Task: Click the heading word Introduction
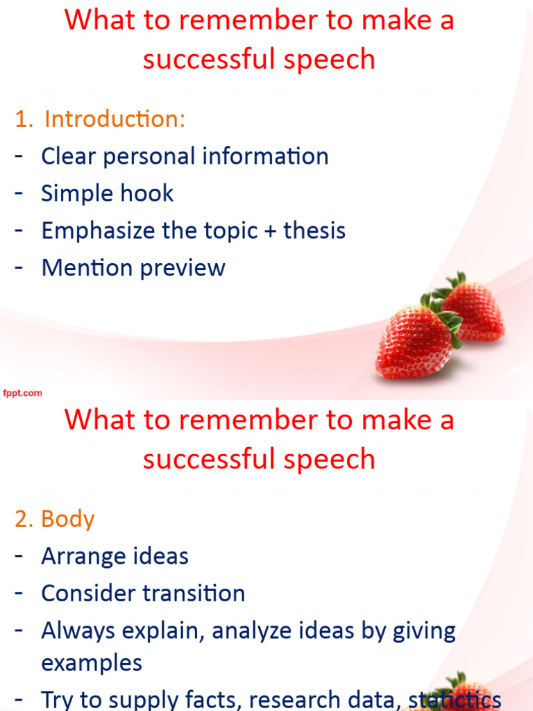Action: click(115, 119)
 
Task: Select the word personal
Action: click(147, 156)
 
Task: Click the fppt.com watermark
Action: click(22, 393)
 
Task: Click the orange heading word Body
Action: click(67, 519)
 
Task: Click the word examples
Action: click(92, 662)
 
